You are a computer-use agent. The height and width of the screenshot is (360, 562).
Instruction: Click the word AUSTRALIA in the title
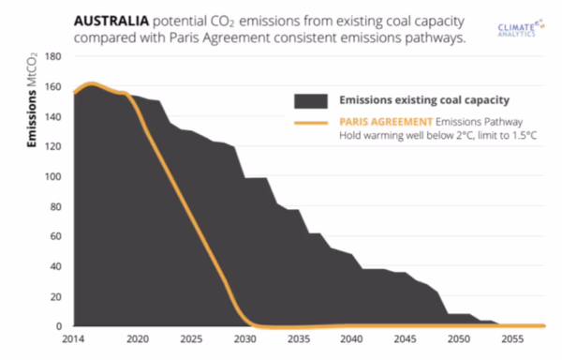point(111,21)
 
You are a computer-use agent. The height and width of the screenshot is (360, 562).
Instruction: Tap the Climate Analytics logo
point(521,28)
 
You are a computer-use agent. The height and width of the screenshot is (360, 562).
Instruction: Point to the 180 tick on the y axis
point(52,56)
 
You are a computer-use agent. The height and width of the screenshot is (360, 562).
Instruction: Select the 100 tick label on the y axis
point(52,176)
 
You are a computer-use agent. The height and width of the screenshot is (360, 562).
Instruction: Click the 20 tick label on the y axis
point(55,297)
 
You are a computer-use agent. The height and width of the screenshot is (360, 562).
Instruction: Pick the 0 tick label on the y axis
point(59,326)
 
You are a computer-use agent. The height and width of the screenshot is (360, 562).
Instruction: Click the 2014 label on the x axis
point(73,338)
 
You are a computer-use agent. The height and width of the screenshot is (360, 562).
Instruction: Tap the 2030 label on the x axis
point(245,338)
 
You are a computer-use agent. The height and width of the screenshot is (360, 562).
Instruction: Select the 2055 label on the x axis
point(512,338)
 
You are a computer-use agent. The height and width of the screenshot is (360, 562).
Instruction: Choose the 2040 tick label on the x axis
point(351,338)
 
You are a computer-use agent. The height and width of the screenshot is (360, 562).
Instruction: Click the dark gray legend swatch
point(311,101)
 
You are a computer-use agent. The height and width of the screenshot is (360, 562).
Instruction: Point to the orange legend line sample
point(311,123)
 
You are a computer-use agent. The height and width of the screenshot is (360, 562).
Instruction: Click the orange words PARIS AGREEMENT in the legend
point(386,122)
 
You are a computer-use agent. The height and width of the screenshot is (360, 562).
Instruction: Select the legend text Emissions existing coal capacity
point(424,100)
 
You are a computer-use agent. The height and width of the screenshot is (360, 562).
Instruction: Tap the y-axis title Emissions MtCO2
point(32,99)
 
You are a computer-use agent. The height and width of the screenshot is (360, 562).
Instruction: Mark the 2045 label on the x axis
point(405,338)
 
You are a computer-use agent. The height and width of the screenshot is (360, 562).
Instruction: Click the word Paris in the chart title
point(185,37)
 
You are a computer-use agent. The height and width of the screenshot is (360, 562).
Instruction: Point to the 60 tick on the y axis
point(55,236)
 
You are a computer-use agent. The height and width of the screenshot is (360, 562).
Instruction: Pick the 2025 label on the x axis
point(191,338)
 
